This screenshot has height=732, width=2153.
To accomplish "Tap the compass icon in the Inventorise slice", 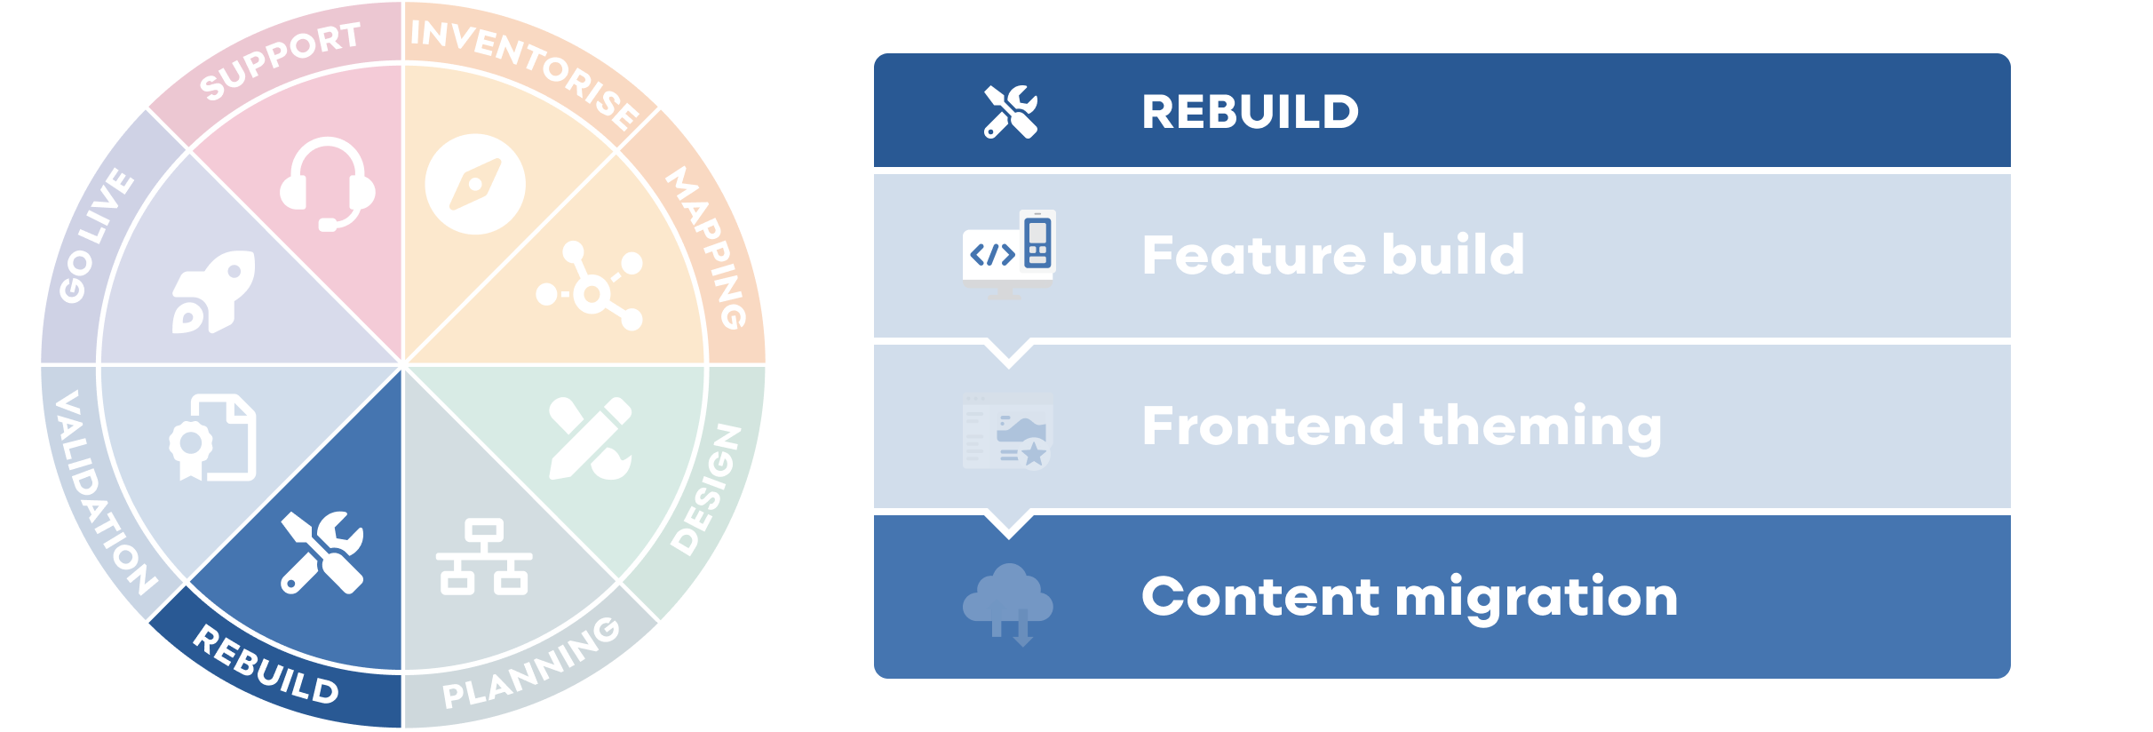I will [x=475, y=184].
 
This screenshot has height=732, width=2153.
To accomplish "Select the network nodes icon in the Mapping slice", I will [x=591, y=286].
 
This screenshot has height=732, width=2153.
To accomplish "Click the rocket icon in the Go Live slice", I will [x=213, y=291].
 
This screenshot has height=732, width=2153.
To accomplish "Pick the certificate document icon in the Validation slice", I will [x=213, y=438].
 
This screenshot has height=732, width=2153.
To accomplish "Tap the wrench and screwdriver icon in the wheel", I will [x=322, y=552].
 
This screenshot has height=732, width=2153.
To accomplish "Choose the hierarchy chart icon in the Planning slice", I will [x=484, y=557].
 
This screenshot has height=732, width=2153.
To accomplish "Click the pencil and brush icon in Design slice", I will [x=591, y=439].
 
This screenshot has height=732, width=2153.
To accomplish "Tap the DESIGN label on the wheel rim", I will [x=707, y=489].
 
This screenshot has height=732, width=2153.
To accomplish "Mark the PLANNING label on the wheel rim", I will [x=531, y=664].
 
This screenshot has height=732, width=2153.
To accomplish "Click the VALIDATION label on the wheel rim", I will [x=103, y=494].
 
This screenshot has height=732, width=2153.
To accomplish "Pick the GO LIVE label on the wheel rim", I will [x=96, y=235].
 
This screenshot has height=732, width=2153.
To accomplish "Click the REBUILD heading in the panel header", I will [x=1250, y=112].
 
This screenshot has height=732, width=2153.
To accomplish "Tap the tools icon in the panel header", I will [x=1010, y=112].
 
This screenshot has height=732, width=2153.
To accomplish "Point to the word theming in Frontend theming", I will [x=1540, y=426].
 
